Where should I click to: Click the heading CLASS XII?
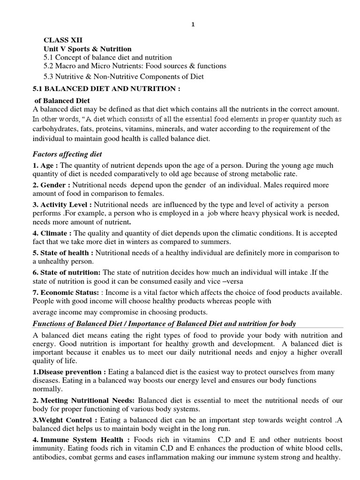point(60,41)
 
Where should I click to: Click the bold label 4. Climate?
point(52,233)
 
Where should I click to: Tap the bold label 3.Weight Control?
point(65,420)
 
